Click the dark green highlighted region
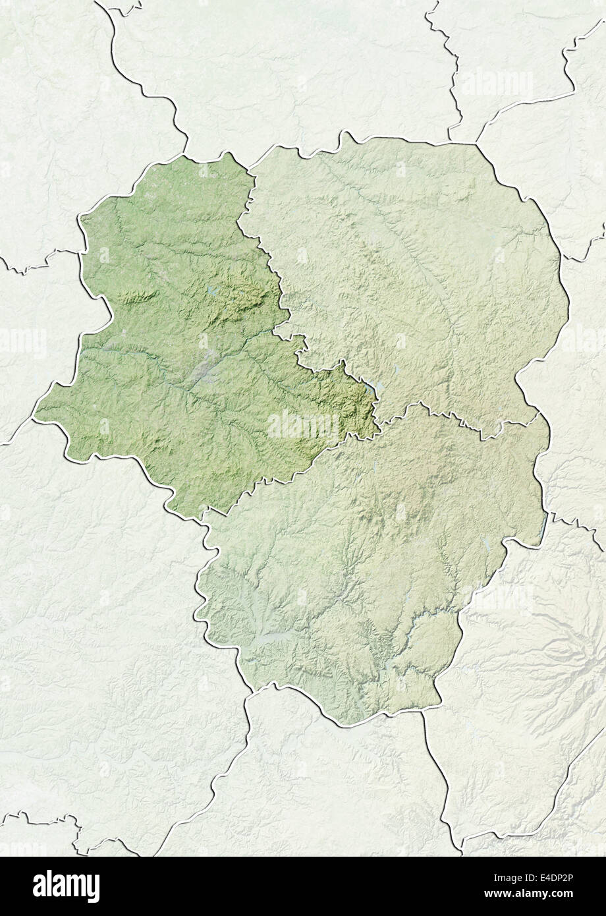(x=178, y=343)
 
